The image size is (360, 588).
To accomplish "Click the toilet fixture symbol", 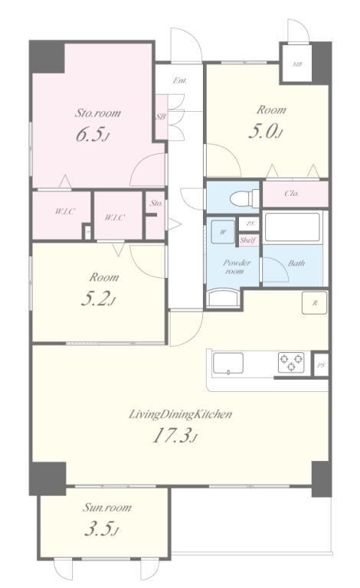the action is (244, 198).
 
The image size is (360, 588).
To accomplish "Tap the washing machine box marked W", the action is (223, 232).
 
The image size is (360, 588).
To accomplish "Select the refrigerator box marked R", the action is (315, 302).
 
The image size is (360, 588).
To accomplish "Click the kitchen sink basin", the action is (228, 364).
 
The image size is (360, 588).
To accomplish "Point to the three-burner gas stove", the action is (291, 363).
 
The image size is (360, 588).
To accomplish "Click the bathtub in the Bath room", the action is (293, 227).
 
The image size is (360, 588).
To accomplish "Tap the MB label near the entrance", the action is (297, 64).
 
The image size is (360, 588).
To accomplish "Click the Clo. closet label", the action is (292, 194).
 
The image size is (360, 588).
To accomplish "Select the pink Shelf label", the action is (248, 240).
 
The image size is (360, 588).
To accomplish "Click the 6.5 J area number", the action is (92, 135).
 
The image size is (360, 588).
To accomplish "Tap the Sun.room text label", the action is (107, 508).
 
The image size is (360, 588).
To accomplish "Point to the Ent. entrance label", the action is (180, 80).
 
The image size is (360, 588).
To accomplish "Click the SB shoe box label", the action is (161, 116).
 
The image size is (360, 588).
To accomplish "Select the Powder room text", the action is (236, 266).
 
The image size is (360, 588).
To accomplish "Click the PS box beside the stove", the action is (321, 365).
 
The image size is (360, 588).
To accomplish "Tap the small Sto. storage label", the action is (156, 203).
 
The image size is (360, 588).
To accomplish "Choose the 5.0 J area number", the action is (265, 132).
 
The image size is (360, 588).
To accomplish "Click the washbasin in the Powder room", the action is (223, 298).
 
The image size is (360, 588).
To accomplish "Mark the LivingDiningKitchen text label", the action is (180, 414).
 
